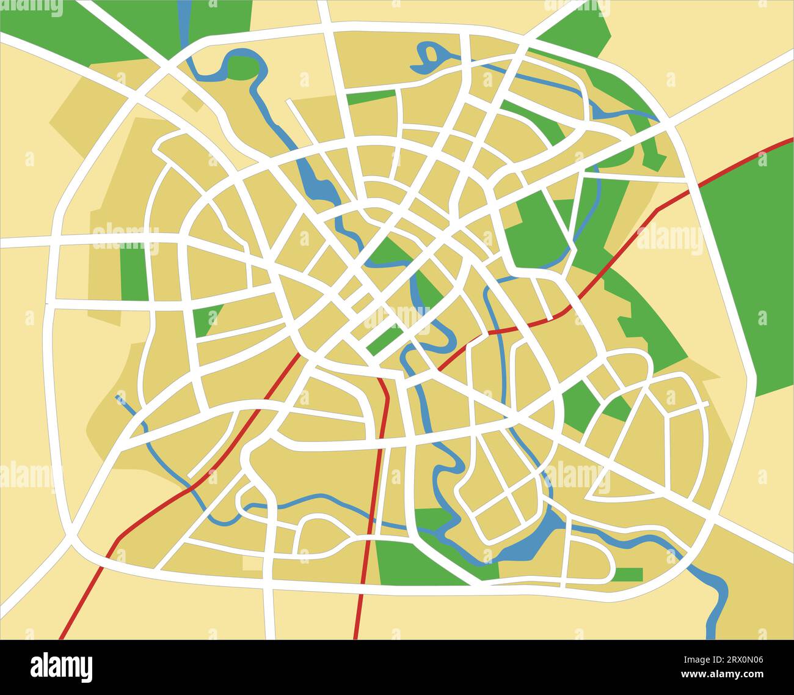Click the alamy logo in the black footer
coord(62,666)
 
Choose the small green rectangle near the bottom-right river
coord(628,574)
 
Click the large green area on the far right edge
coord(748,263)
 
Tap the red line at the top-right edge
coord(785,142)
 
